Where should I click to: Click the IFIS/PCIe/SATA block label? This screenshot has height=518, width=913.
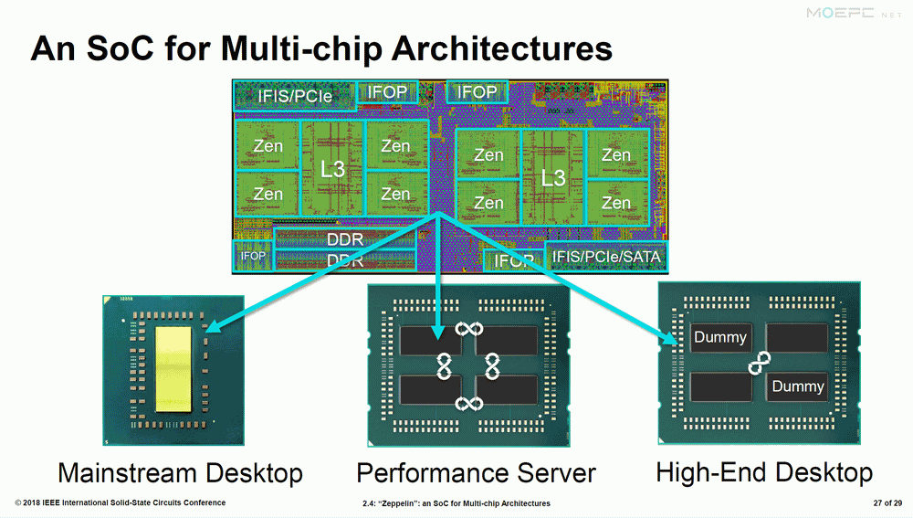pos(606,257)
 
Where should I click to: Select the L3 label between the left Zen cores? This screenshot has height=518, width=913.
pos(332,170)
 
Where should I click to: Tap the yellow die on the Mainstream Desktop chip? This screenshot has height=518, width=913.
pos(173,369)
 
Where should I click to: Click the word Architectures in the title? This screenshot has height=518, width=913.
pos(502,48)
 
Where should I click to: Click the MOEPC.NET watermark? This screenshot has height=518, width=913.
pos(854,14)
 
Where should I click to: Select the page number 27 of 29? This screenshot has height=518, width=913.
pos(887,502)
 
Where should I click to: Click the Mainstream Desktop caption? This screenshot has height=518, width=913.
pos(181,472)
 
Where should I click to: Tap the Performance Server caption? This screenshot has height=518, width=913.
pos(477,472)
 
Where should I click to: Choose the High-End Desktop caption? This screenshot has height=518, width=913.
pos(764,472)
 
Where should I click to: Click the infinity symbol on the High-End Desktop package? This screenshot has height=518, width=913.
pos(760,363)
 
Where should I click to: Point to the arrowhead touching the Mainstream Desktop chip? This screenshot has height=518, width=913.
pos(212,325)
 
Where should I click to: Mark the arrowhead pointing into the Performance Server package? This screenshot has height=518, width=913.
pos(438,332)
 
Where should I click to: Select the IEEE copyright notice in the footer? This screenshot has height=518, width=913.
pos(120,502)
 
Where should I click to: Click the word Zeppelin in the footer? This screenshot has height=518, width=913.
pos(396,503)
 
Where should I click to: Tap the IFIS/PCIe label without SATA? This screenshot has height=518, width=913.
pos(295,96)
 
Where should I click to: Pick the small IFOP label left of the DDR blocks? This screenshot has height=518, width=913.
pos(253,256)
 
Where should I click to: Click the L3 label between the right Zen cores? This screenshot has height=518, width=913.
pos(553,178)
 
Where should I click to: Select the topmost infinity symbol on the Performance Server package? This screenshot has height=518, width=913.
pos(468,329)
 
